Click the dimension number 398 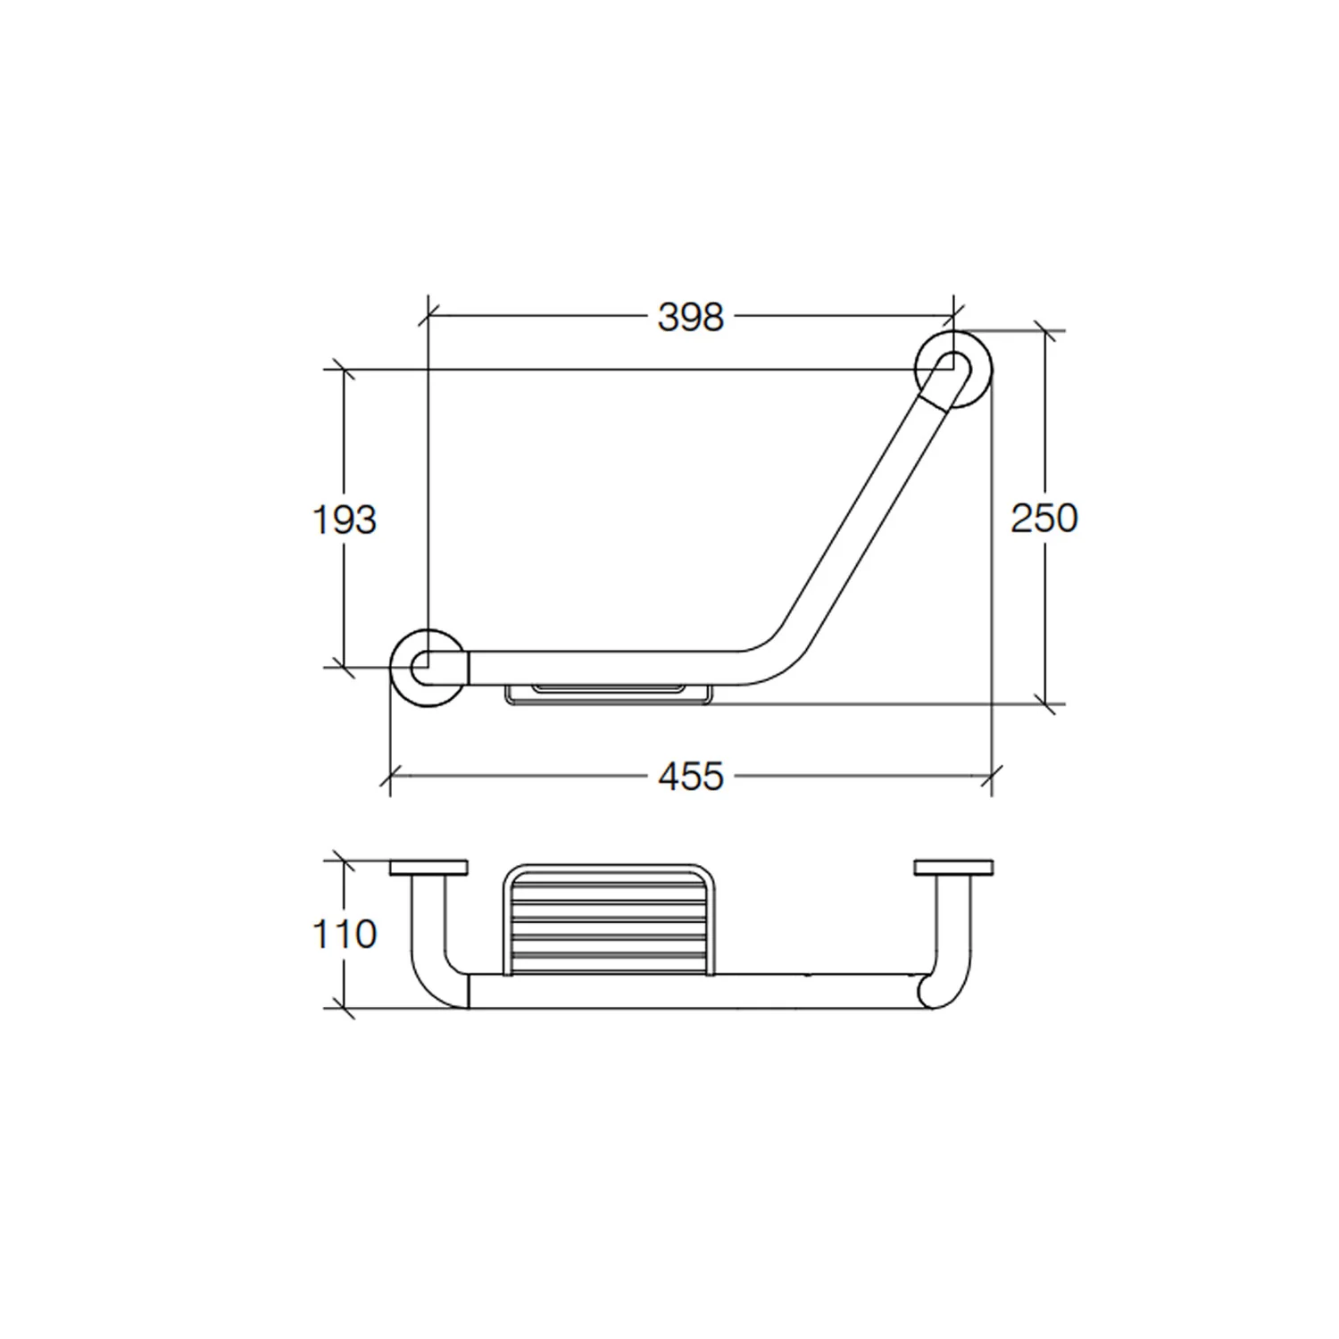690,317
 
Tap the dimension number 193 345,520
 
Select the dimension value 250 1044,518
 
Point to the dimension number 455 690,778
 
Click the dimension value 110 345,935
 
